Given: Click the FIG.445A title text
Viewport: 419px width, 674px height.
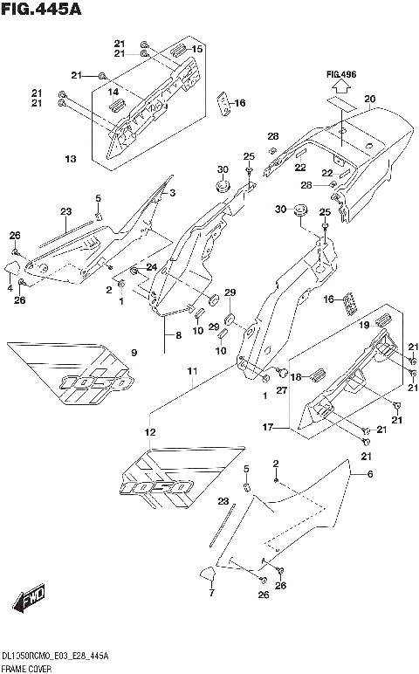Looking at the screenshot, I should point(43,10).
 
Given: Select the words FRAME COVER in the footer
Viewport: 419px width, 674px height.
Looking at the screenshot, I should point(27,667).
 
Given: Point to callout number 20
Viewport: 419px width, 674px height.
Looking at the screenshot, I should point(369,99).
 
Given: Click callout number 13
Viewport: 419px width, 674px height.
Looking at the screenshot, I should point(71,159).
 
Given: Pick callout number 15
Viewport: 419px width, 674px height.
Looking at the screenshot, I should point(197,50).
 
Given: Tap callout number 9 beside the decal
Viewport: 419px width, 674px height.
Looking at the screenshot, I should point(134,353).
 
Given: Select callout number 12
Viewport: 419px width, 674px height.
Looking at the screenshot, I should point(150,432).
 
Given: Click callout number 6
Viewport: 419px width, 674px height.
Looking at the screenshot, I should point(369,474).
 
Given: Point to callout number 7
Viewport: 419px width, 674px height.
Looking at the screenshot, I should point(210,594).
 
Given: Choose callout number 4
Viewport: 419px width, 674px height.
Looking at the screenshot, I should point(10,287).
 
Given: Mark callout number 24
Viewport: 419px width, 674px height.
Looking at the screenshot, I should point(151,267).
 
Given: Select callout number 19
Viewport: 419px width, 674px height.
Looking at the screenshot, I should point(365,325).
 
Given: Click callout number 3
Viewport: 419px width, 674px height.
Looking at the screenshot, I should point(172,193).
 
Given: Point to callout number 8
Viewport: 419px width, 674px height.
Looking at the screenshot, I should point(178,334).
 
